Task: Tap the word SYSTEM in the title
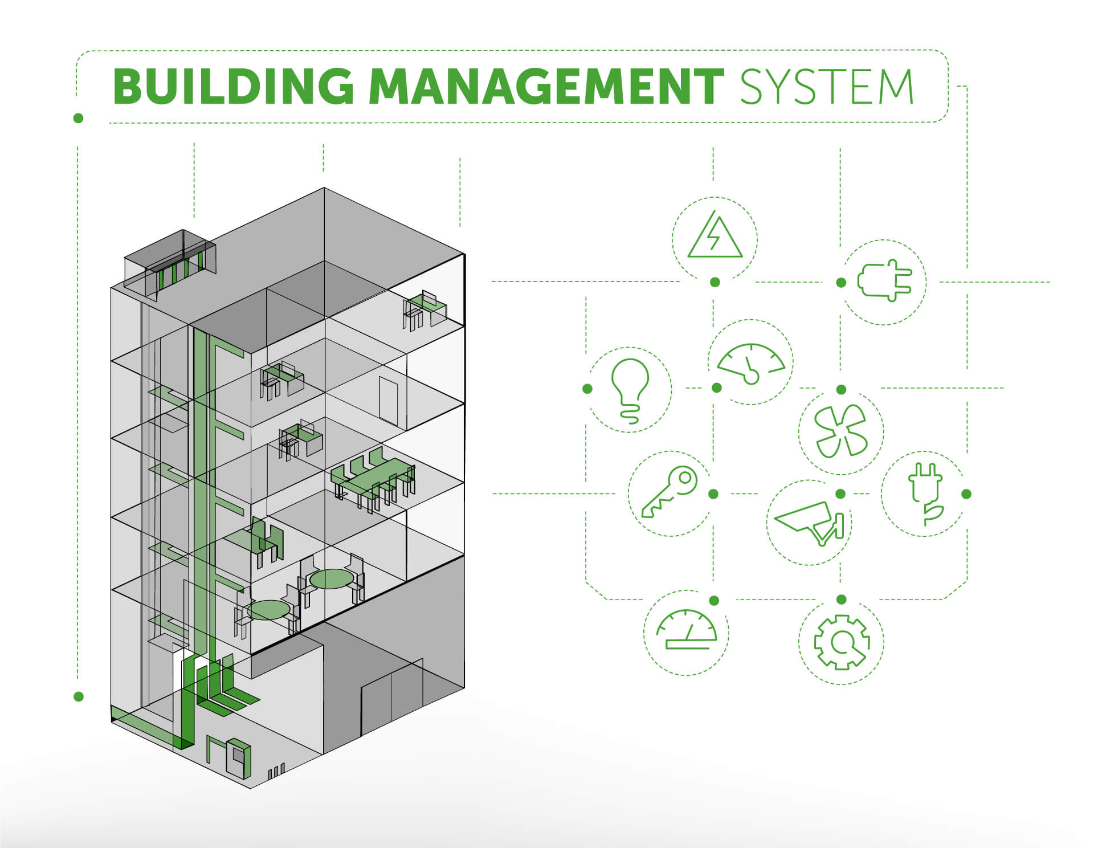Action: coord(827,87)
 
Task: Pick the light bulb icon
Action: coord(630,390)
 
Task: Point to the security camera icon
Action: coord(809,522)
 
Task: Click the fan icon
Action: coord(840,431)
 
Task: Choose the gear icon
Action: coord(842,642)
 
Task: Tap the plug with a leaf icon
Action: coord(924,494)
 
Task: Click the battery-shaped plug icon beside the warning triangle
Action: coord(885,280)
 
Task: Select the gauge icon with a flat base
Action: coord(687,629)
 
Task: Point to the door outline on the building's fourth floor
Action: coord(389,401)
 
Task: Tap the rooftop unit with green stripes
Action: coord(170,264)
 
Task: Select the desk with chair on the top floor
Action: coord(425,309)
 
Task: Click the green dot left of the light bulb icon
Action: coord(587,389)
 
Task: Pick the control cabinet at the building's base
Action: coord(238,758)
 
